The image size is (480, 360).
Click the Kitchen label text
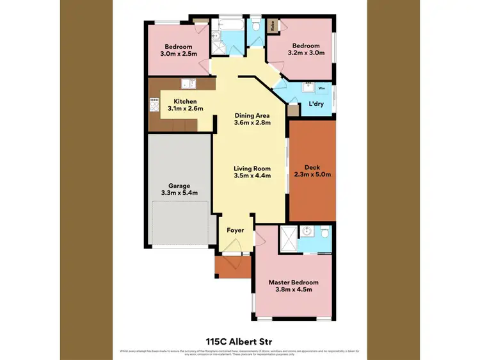click(185, 101)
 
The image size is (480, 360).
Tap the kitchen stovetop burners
click(154, 101)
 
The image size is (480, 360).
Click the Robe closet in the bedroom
click(273, 27)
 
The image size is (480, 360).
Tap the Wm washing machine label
click(321, 87)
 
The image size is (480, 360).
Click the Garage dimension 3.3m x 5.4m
click(179, 193)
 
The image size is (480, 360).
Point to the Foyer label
click(235, 229)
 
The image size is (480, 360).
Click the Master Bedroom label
click(293, 282)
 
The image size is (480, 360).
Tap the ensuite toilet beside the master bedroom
click(325, 232)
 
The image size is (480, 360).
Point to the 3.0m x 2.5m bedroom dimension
click(177, 54)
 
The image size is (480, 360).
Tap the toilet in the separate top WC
click(255, 26)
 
